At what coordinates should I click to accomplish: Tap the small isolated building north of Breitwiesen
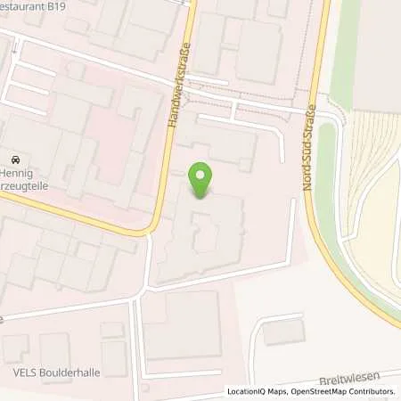(283, 331)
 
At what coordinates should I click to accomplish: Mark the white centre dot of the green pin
(202, 174)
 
